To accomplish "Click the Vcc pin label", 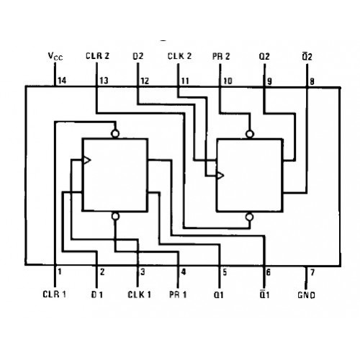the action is click(55, 56).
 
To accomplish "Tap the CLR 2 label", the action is click(97, 55).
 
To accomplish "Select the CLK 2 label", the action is click(179, 56).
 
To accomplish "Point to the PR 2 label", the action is click(221, 56).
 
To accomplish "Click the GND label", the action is click(306, 295).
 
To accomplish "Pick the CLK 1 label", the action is click(140, 294).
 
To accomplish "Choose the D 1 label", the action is click(97, 294).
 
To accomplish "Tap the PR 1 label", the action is click(178, 294).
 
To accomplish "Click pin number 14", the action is click(62, 81).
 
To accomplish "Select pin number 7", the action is click(312, 272).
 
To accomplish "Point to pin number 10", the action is click(228, 81).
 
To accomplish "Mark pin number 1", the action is click(60, 271).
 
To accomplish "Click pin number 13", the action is click(104, 81).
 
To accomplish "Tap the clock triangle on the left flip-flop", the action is click(86, 160).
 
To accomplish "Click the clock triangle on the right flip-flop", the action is click(220, 176).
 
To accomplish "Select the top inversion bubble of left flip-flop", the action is click(115, 134).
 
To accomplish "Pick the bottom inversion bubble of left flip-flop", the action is click(115, 216).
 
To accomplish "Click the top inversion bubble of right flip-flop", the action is click(250, 134).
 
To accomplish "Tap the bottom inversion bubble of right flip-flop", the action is click(249, 217).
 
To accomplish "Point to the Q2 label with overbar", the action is click(307, 56).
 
